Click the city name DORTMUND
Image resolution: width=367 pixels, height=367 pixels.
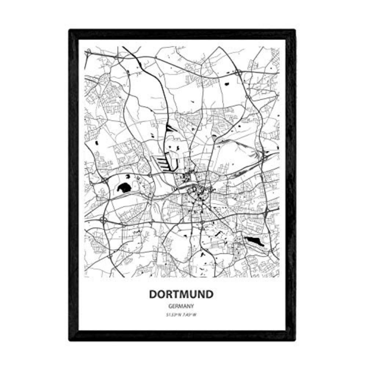181,294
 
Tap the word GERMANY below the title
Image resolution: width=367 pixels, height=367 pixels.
181,305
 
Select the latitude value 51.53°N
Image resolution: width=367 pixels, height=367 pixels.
173,314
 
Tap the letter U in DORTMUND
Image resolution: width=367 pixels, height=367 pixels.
193,294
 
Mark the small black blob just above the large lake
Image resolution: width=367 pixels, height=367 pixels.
127,177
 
